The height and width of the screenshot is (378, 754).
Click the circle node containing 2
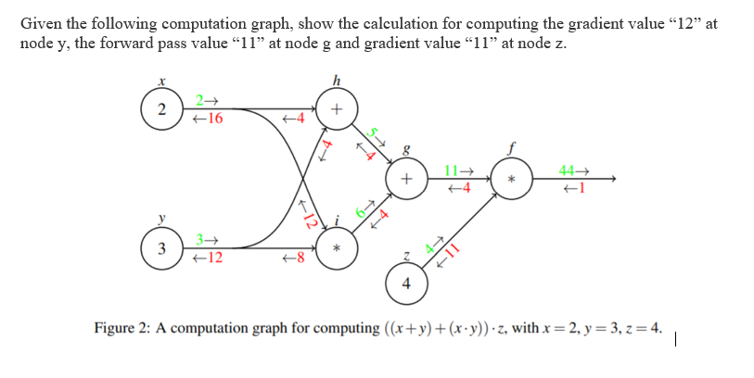click(x=161, y=109)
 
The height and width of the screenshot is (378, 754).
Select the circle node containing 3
click(x=161, y=249)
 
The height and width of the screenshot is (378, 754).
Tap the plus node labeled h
click(x=336, y=108)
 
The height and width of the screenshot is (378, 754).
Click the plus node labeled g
click(x=406, y=178)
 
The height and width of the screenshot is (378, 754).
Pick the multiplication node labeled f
click(x=510, y=177)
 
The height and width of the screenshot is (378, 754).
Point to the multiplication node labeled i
click(x=336, y=249)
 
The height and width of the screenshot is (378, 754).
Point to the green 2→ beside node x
click(x=206, y=100)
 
